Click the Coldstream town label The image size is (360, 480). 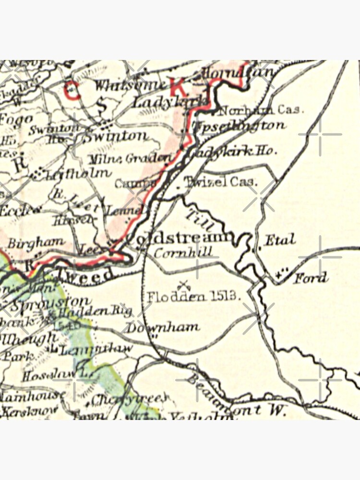(180, 238)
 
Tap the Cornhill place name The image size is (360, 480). (177, 252)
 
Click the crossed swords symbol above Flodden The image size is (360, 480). (182, 285)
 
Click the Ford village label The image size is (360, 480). (311, 277)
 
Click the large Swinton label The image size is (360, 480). (116, 136)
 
